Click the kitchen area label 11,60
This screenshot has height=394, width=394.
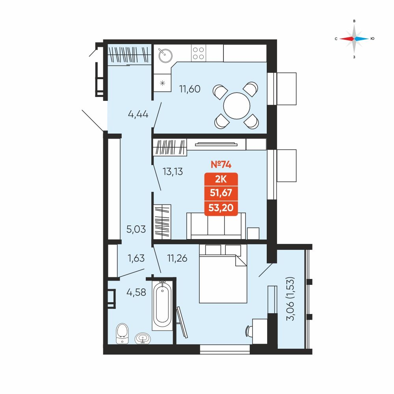[190, 89]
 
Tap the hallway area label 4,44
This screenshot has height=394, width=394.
[138, 114]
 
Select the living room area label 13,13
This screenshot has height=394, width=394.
[173, 172]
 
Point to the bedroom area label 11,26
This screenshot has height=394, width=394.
[177, 258]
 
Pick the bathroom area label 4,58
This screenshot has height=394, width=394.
[136, 292]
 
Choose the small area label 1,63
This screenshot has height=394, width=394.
[136, 258]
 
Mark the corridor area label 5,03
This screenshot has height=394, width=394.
[136, 229]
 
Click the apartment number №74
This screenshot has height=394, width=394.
[221, 164]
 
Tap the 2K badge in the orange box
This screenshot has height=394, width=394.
[221, 179]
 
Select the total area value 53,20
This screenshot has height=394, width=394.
[221, 208]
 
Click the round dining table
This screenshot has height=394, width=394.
[237, 106]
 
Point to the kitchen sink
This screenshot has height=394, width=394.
[165, 55]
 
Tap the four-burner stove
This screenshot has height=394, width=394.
[198, 53]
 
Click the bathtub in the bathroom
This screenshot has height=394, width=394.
[162, 306]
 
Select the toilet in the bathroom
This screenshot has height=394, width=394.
[123, 333]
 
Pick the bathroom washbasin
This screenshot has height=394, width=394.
[143, 338]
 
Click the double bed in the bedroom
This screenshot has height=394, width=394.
[223, 274]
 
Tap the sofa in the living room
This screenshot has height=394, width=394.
[216, 226]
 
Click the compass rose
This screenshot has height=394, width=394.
[354, 39]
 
